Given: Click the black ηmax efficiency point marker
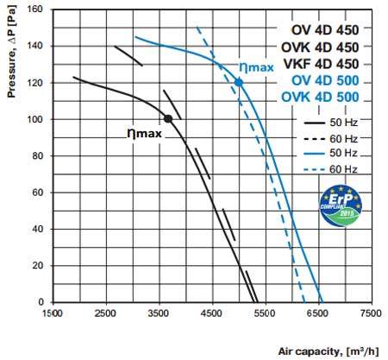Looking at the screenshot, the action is tap(168, 118).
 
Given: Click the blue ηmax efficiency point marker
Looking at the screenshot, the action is tap(239, 83).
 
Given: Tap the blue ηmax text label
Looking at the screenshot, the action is tap(256, 68).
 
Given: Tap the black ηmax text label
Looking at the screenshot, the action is tap(144, 134).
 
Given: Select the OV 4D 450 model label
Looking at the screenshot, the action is tap(325, 30).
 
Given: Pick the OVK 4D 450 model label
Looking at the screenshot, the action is tap(320, 47).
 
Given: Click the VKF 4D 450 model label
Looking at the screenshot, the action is tap(321, 64).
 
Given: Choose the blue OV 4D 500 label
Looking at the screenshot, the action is tap(325, 80).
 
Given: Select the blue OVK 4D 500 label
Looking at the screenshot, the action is tap(320, 97).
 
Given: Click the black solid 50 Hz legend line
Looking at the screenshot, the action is tap(314, 123).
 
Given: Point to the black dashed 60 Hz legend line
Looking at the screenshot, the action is tap(314, 139).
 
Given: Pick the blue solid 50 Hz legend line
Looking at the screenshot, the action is tap(314, 154).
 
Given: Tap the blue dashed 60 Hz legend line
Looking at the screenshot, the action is tap(314, 170).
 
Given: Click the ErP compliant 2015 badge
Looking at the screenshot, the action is tap(341, 205).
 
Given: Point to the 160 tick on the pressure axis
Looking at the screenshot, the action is tap(34, 9).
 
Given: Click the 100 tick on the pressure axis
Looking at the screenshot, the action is tap(34, 119).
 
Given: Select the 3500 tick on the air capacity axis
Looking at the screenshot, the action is tap(159, 313).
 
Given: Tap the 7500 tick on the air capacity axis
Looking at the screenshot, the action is tap(371, 313).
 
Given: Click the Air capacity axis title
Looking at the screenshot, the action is tap(329, 351).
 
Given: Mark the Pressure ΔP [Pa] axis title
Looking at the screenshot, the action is tap(12, 52).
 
